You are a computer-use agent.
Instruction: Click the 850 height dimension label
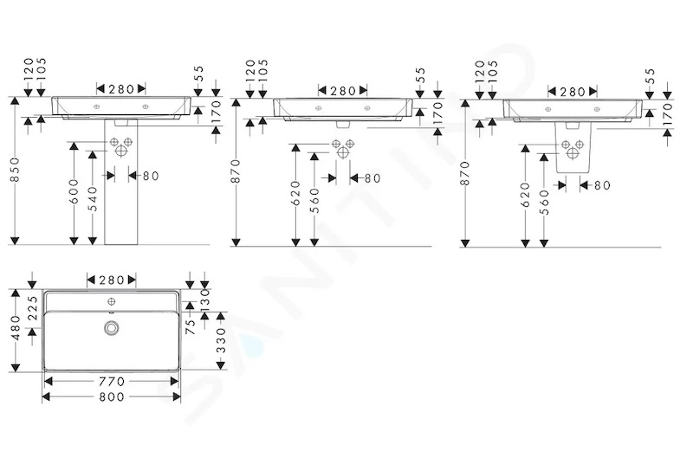(14, 170)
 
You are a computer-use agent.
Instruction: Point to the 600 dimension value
(74, 191)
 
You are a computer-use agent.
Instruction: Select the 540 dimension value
(93, 199)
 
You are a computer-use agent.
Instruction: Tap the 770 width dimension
(111, 381)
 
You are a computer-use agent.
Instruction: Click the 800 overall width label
(111, 396)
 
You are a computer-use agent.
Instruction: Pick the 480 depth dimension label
(16, 328)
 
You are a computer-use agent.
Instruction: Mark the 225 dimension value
(33, 308)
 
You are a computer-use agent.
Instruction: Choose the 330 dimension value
(222, 340)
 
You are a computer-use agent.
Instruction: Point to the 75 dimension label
(190, 326)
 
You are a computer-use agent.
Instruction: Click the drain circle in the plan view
(112, 327)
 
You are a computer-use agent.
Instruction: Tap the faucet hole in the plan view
(112, 302)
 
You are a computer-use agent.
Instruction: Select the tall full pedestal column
(121, 182)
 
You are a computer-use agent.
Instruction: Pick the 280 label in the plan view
(112, 280)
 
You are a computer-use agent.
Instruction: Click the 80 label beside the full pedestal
(151, 176)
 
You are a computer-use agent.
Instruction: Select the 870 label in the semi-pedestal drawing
(465, 173)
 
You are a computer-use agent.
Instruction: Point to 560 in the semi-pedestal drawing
(544, 203)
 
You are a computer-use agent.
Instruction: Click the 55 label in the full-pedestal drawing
(198, 73)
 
